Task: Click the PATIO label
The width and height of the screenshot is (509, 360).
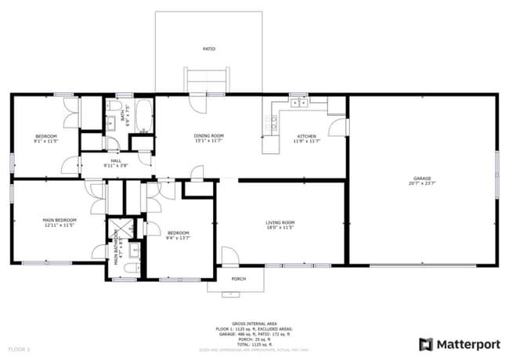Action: [209, 49]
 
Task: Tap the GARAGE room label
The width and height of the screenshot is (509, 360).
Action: [422, 178]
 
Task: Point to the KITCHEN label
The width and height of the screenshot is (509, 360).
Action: [305, 136]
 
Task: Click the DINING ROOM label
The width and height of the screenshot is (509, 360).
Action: [209, 136]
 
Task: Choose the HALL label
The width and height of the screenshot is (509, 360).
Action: [116, 160]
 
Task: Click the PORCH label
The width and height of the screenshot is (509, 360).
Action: [238, 279]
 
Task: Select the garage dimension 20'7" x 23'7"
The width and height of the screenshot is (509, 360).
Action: [422, 184]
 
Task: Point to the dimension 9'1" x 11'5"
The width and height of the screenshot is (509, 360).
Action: [46, 142]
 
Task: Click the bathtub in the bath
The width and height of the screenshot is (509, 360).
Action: [144, 115]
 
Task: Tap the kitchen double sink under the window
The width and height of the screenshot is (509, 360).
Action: [298, 103]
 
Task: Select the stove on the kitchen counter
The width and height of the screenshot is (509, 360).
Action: [273, 121]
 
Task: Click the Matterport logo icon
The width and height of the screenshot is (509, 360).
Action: [426, 344]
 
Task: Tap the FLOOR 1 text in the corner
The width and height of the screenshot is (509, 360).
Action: [19, 348]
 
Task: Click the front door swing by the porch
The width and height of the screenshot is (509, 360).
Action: [229, 256]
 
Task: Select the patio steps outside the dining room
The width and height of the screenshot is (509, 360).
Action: [206, 81]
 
